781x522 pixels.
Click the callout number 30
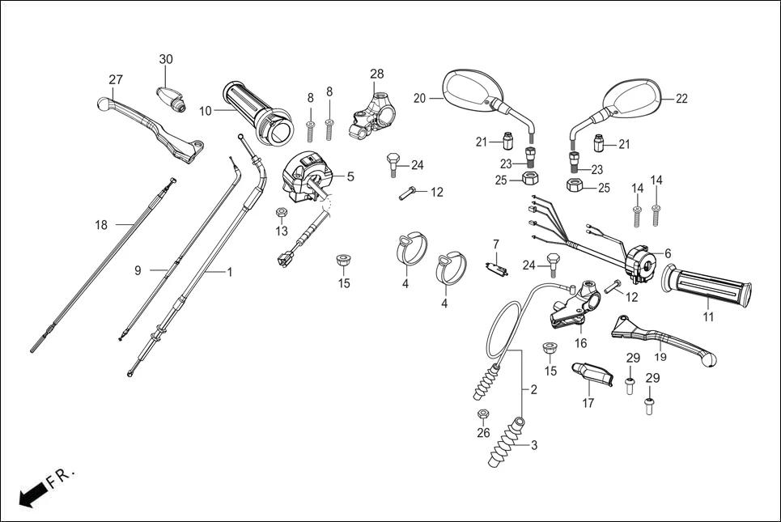coord(166,59)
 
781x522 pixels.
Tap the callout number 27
coord(116,79)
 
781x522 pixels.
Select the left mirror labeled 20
coord(466,90)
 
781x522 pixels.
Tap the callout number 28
coord(377,74)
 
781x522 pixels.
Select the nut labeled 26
coord(483,415)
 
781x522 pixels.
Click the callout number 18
coord(101,225)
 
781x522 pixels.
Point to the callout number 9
coord(138,270)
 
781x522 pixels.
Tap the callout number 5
coord(350,176)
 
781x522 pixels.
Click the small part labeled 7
coord(495,268)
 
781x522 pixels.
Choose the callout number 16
coord(580,343)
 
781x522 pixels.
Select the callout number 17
coord(588,402)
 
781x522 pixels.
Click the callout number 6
coord(668,253)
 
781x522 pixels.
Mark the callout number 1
coord(229,273)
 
